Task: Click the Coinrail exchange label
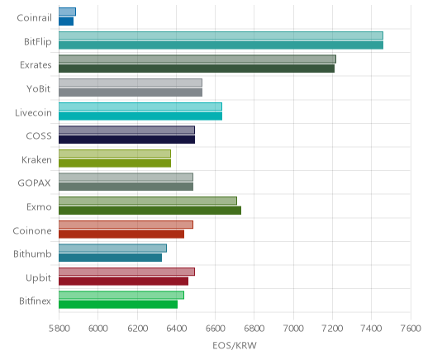34,18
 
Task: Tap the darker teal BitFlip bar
221,45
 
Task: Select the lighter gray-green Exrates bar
197,59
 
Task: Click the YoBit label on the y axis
38,89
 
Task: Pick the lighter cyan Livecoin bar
140,107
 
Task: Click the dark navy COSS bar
126,140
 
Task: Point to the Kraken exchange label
36,159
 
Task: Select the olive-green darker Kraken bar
115,163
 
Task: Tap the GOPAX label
34,183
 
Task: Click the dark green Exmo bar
150,211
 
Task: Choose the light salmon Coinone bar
126,225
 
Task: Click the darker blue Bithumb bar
110,258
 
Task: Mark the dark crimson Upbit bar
123,282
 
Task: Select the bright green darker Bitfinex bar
118,305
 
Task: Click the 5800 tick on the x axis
59,329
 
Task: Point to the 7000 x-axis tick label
293,329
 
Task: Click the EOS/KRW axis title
235,345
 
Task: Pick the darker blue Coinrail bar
66,21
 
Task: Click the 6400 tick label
176,329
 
